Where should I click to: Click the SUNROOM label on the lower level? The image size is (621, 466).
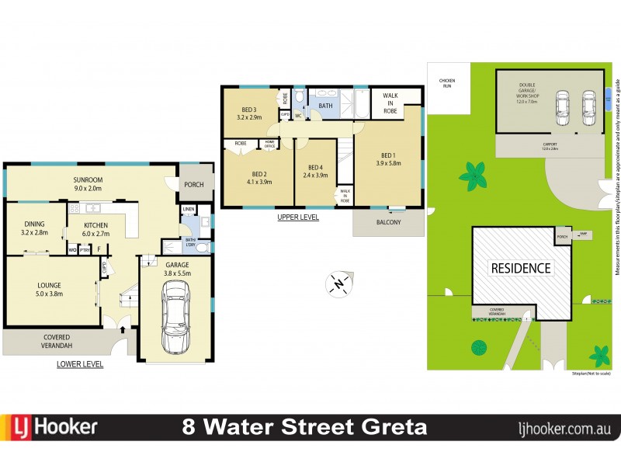(93, 182)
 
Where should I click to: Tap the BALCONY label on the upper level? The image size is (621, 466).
(388, 223)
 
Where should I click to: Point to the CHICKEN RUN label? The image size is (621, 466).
(446, 82)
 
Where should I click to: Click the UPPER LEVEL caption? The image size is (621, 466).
(298, 217)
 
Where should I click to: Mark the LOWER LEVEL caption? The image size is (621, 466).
(80, 364)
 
